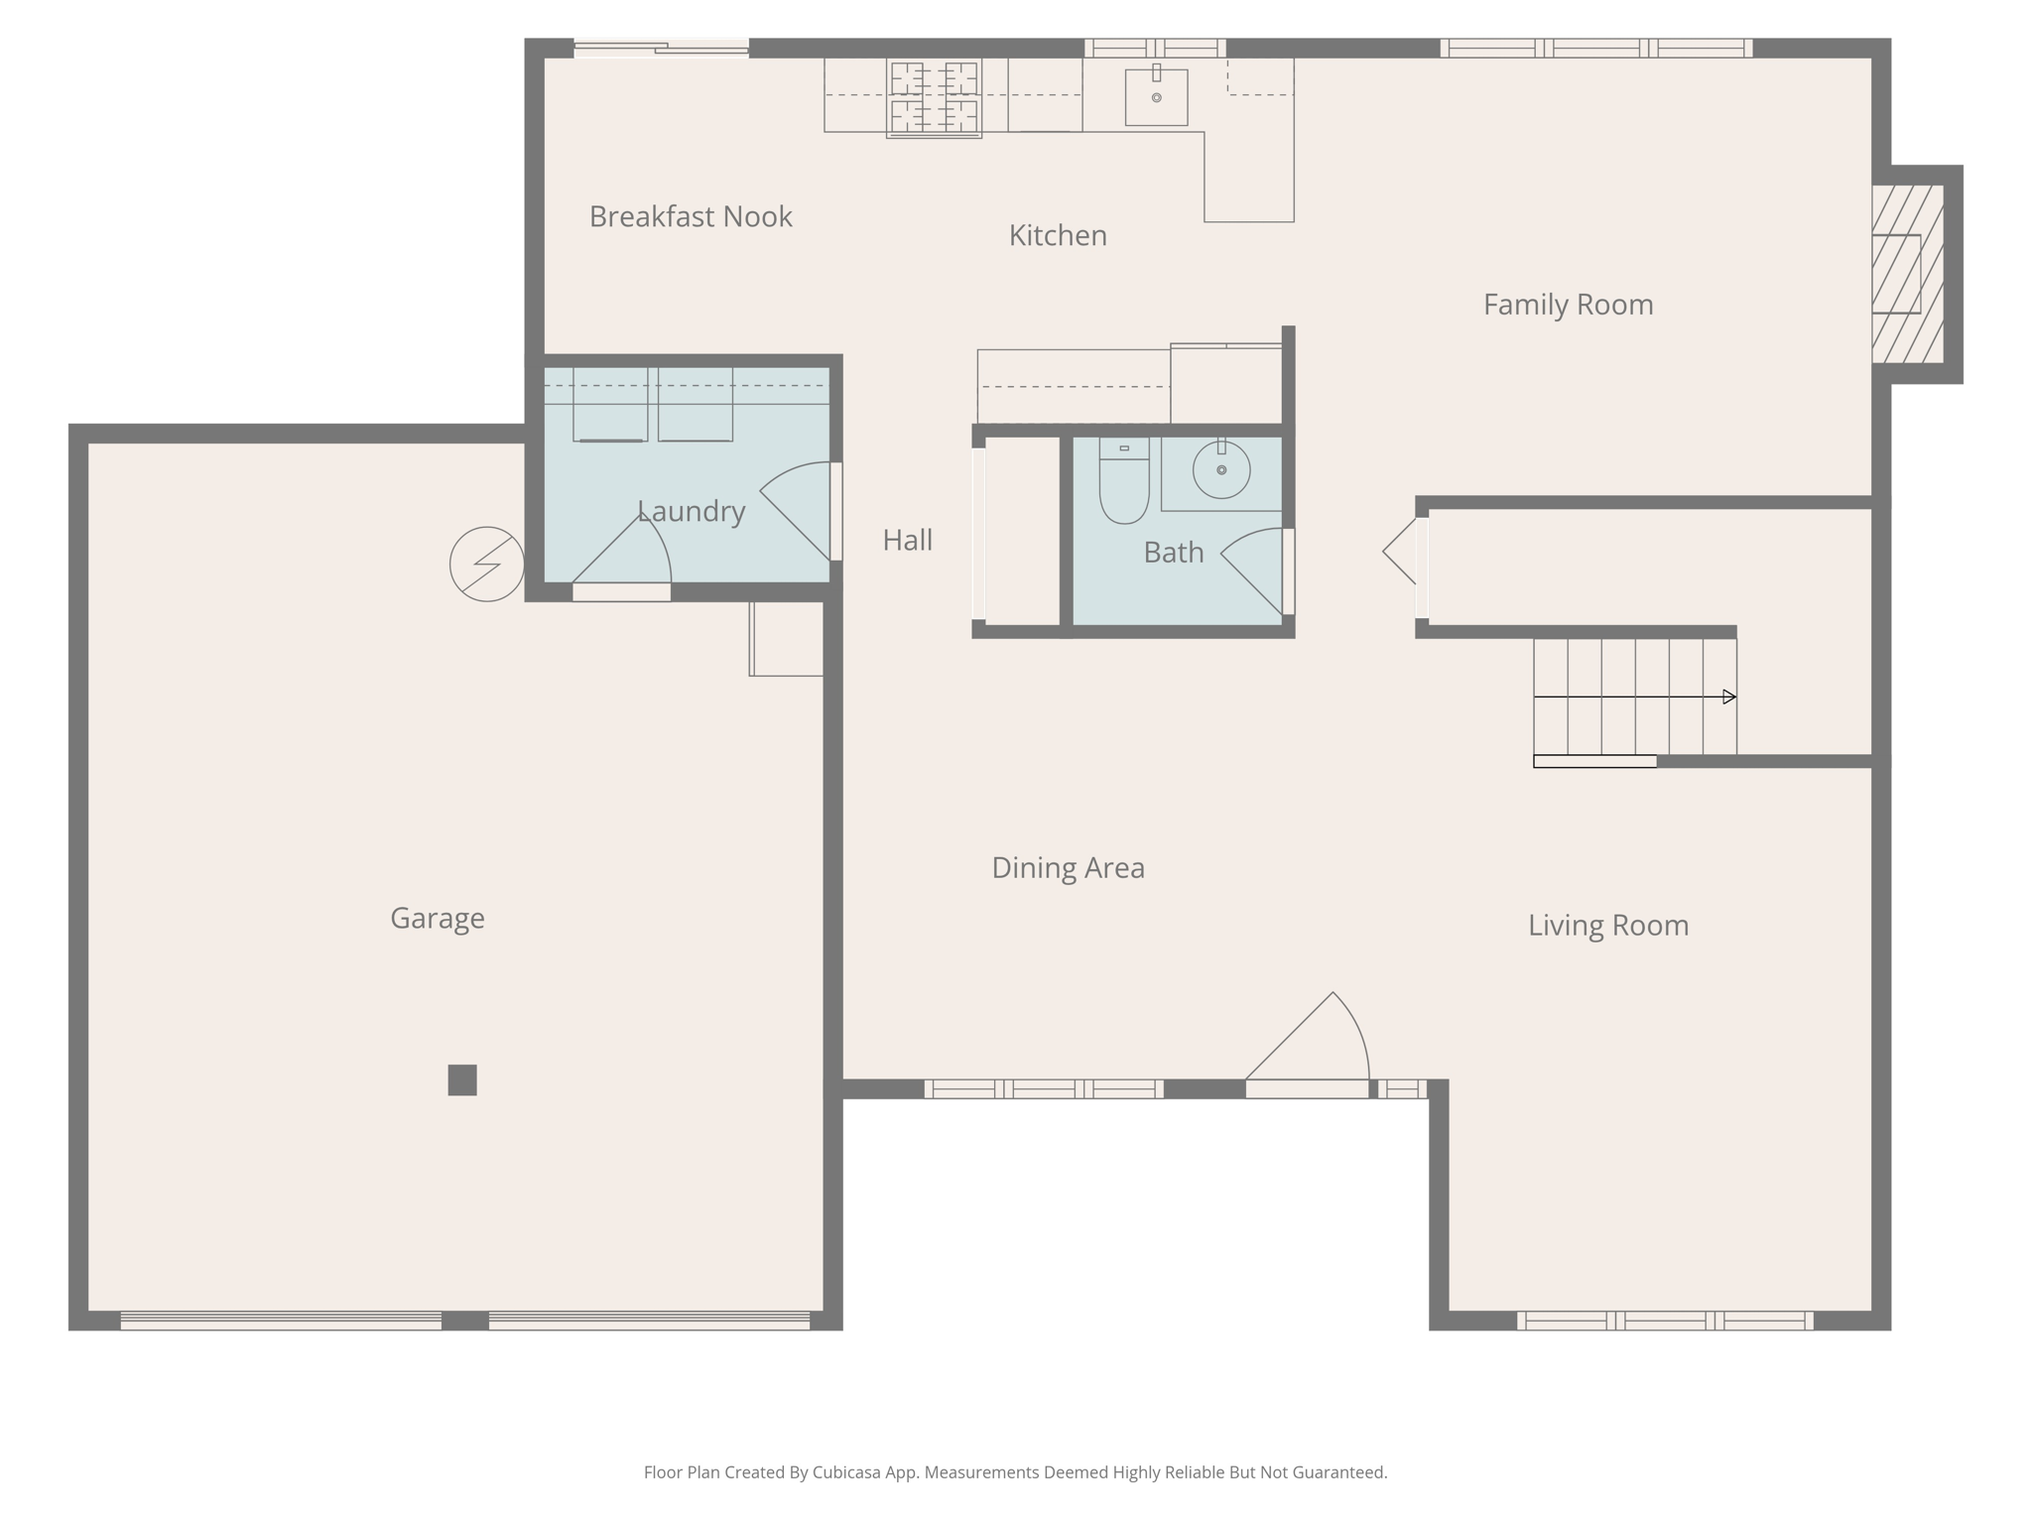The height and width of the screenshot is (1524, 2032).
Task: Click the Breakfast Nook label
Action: click(x=691, y=216)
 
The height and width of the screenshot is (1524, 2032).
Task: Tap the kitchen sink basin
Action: click(x=1156, y=97)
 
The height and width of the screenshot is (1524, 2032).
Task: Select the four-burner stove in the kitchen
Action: click(x=934, y=97)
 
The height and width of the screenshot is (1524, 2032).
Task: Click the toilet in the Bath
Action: click(x=1123, y=483)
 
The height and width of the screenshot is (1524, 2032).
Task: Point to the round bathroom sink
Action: click(x=1221, y=469)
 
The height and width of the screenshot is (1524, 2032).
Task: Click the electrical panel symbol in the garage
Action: click(x=486, y=564)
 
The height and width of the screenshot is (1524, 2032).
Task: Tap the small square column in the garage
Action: click(x=462, y=1079)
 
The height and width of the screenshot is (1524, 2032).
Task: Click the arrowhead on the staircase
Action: click(x=1728, y=697)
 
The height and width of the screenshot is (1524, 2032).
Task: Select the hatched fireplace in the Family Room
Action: click(x=1907, y=274)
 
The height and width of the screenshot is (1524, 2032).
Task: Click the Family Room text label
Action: click(x=1568, y=305)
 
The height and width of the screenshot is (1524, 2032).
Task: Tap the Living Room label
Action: click(x=1607, y=926)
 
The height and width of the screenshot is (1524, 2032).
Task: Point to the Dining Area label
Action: click(x=1068, y=868)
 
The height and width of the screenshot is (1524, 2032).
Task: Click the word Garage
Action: click(x=438, y=919)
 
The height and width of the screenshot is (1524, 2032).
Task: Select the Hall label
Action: click(x=907, y=540)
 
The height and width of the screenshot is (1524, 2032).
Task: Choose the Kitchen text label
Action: click(x=1058, y=235)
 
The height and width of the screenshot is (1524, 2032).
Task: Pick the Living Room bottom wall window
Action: click(x=1665, y=1321)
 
